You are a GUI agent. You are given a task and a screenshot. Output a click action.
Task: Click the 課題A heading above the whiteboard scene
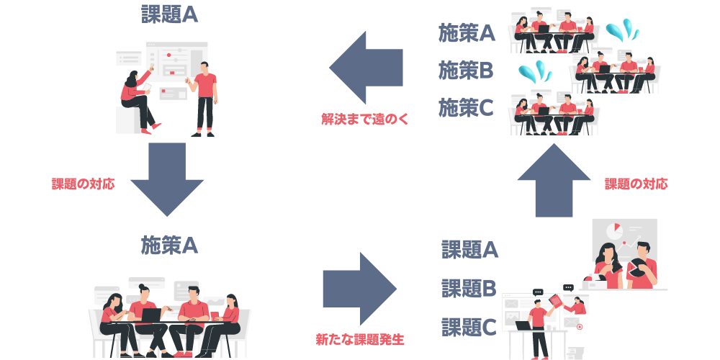pyautogui.click(x=169, y=15)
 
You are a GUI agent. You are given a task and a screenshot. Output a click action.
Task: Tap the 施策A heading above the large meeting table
pyautogui.click(x=169, y=246)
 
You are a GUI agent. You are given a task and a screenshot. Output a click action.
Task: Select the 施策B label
pyautogui.click(x=466, y=71)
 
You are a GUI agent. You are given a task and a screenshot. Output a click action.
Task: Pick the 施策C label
pyautogui.click(x=466, y=108)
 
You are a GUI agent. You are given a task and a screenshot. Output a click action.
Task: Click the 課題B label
pyautogui.click(x=469, y=289)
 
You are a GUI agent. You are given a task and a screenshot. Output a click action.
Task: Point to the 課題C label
pyautogui.click(x=469, y=327)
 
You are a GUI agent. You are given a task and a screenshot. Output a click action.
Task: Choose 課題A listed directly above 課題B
pyautogui.click(x=469, y=250)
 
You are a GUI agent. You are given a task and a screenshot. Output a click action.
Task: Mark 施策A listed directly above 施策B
pyautogui.click(x=467, y=34)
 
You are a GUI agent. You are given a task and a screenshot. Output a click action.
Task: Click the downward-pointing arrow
pyautogui.click(x=167, y=179)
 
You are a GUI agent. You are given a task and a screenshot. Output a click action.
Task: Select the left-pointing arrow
pyautogui.click(x=366, y=68)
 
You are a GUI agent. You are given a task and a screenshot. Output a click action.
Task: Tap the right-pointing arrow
pyautogui.click(x=360, y=289)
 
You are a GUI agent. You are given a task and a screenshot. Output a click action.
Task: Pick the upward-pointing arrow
pyautogui.click(x=554, y=181)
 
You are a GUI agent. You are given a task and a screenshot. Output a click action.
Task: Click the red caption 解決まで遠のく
pyautogui.click(x=365, y=120)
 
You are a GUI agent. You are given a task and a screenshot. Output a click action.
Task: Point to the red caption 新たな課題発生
pyautogui.click(x=360, y=340)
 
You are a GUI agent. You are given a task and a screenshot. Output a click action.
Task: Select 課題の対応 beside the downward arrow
pyautogui.click(x=83, y=184)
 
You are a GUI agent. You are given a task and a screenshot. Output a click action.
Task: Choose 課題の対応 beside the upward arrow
pyautogui.click(x=636, y=184)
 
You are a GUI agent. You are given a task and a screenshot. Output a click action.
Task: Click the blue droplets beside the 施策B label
pyautogui.click(x=534, y=72)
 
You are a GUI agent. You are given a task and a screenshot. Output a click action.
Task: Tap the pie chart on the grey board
pyautogui.click(x=614, y=229)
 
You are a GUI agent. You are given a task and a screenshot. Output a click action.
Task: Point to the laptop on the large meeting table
pyautogui.click(x=151, y=315)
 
